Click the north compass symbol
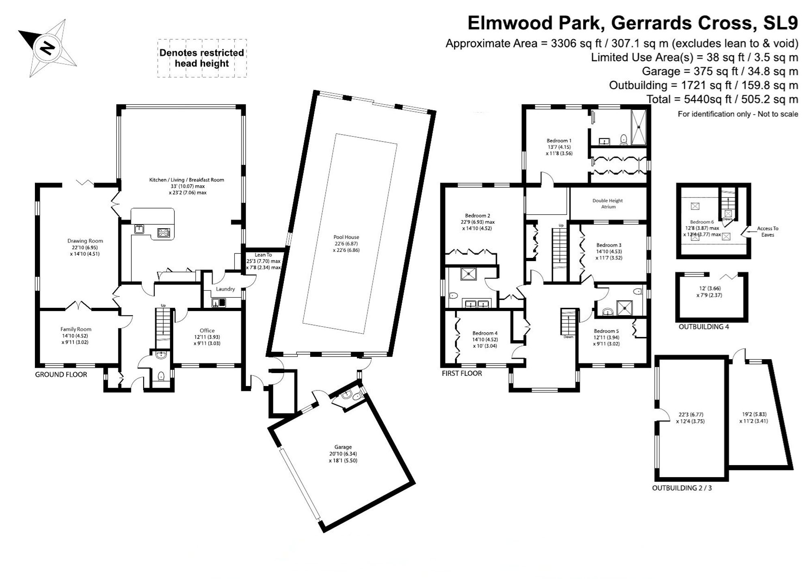coord(47,48)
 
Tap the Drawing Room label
coord(85,241)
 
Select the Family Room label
coord(76,329)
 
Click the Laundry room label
coord(225,289)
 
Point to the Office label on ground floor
coord(207,330)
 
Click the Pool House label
coord(346,237)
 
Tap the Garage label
coord(343,447)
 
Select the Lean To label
coord(263,255)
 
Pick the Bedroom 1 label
coord(559,141)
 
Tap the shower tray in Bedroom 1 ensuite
coord(639,127)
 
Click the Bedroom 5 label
coord(606,331)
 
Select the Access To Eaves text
coord(767,232)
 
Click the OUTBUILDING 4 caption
coord(704,327)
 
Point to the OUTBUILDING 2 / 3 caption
coord(682,488)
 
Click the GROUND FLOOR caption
coord(61,375)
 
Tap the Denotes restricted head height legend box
coord(202,58)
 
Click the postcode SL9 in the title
coord(781,23)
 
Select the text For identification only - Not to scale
coord(738,114)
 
